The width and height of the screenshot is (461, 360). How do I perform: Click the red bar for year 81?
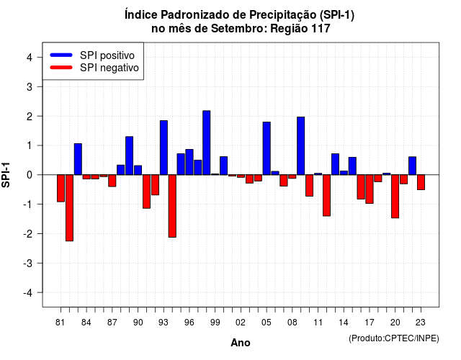[61, 188]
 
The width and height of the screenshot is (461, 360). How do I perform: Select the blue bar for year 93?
[164, 148]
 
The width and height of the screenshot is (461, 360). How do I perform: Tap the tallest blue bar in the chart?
[207, 143]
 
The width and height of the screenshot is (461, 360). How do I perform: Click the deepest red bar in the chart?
[69, 208]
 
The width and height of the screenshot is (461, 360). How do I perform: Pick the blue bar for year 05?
[267, 148]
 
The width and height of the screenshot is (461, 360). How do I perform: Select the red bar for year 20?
[395, 197]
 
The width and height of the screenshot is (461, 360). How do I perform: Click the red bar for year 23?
[421, 182]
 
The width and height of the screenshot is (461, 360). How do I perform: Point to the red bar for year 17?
[370, 189]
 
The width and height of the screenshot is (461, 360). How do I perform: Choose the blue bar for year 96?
[189, 162]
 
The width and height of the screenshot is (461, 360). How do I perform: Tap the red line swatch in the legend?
[61, 68]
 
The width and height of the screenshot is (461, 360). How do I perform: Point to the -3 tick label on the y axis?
[28, 263]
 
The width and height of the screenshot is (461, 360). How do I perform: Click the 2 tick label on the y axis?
[30, 116]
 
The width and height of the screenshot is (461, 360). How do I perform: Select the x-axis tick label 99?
[215, 323]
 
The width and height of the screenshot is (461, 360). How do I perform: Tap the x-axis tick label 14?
[344, 323]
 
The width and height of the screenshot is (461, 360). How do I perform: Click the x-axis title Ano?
[241, 343]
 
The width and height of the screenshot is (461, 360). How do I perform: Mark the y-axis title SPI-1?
[6, 175]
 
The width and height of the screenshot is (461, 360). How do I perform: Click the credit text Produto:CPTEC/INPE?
[394, 338]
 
